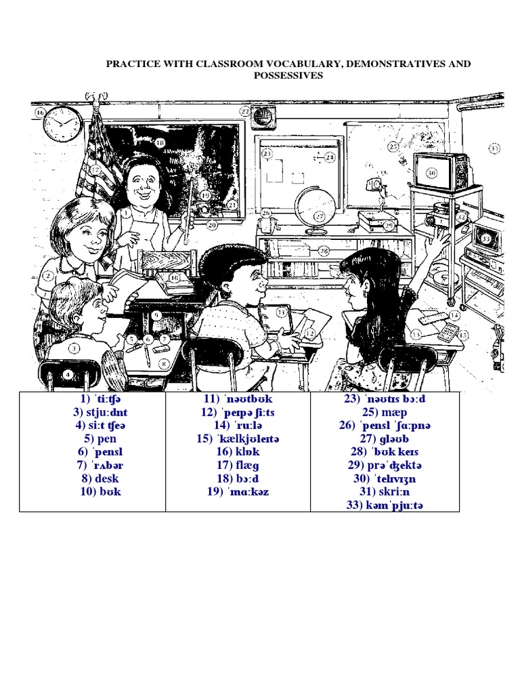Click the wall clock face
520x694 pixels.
click(62, 125)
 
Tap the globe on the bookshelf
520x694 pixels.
click(315, 207)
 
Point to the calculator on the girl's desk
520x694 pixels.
click(448, 332)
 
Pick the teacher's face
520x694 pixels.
click(144, 181)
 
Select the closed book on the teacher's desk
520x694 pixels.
click(175, 278)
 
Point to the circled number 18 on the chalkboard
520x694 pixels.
click(160, 143)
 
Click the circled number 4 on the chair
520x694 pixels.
click(68, 373)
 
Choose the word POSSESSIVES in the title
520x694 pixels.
click(288, 75)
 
